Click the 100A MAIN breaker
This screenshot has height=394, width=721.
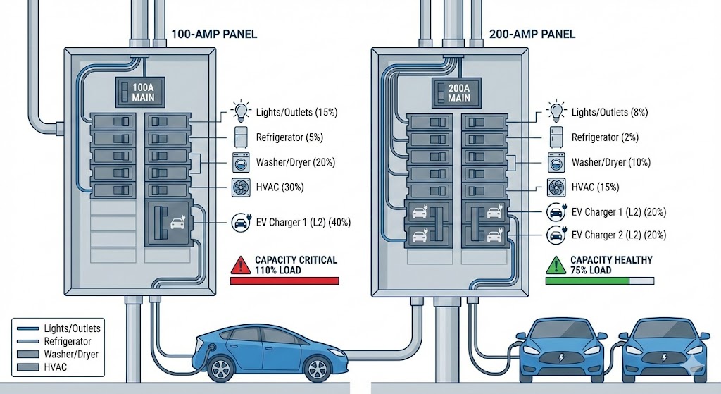click(142, 92)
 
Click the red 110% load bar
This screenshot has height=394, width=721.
click(284, 281)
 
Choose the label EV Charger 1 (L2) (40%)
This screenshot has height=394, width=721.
click(304, 223)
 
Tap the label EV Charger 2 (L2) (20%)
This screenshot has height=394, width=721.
click(619, 235)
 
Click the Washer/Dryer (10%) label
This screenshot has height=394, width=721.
click(609, 162)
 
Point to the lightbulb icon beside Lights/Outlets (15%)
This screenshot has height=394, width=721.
click(241, 111)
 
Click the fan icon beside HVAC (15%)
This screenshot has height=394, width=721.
click(556, 187)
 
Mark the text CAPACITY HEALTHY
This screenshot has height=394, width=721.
click(611, 260)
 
